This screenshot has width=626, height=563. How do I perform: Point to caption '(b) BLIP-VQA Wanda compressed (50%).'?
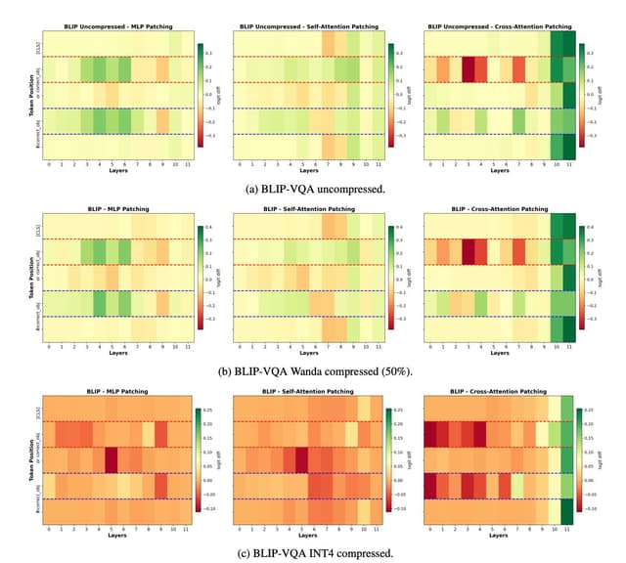pyautogui.click(x=313, y=370)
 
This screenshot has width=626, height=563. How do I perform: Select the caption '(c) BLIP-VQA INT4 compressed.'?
pyautogui.click(x=313, y=552)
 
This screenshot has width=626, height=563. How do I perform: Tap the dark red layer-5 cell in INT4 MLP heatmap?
pyautogui.click(x=111, y=458)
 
